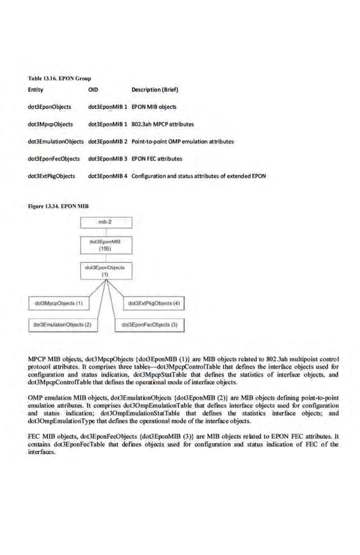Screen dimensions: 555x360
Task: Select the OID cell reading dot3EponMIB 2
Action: [108, 142]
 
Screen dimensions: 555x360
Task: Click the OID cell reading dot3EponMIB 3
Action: [108, 159]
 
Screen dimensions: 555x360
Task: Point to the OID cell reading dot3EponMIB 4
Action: [108, 177]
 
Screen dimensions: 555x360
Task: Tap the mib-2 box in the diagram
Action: [106, 223]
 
